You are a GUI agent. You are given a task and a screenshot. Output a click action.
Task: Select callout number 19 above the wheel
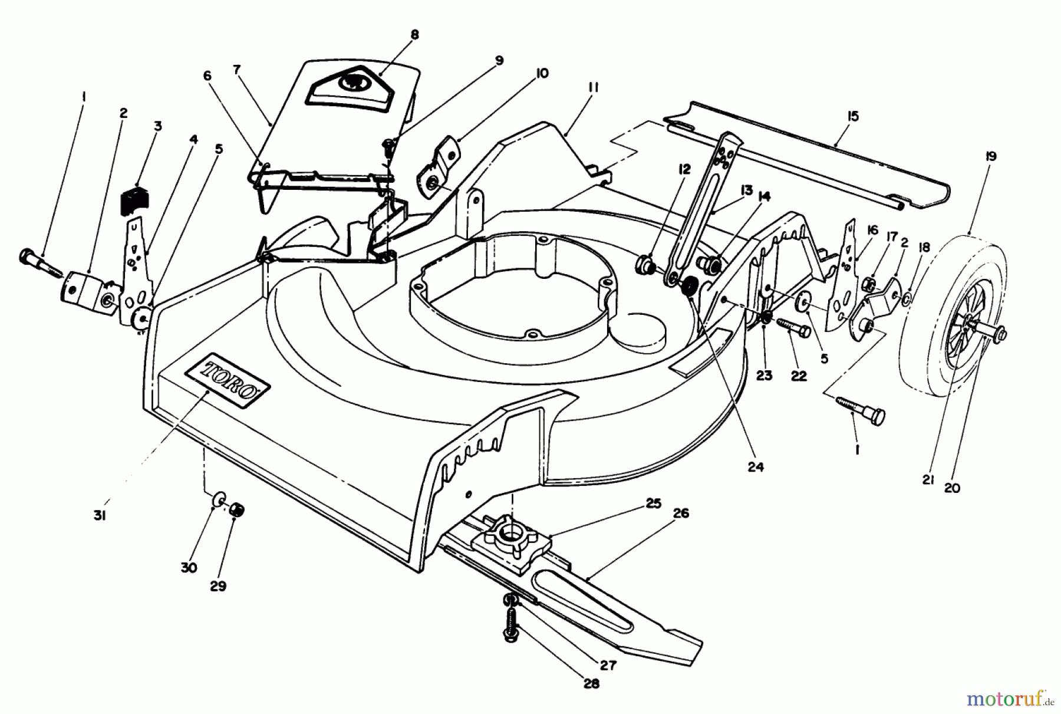990,156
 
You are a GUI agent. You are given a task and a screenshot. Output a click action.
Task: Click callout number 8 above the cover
414,35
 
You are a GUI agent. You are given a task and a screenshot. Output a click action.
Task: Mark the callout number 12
684,169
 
